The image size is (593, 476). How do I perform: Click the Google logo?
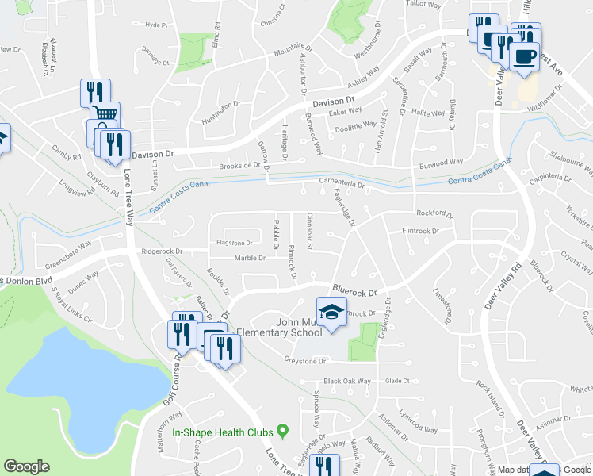tap(26, 466)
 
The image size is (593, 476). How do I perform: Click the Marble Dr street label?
tap(250, 258)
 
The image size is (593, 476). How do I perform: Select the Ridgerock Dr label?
tap(162, 251)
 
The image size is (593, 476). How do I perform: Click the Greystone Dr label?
tap(306, 361)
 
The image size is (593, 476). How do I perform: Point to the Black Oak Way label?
tap(347, 381)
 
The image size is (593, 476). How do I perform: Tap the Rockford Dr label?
tap(434, 213)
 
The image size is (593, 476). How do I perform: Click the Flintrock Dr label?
tap(421, 231)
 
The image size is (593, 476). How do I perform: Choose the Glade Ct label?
tap(396, 381)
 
